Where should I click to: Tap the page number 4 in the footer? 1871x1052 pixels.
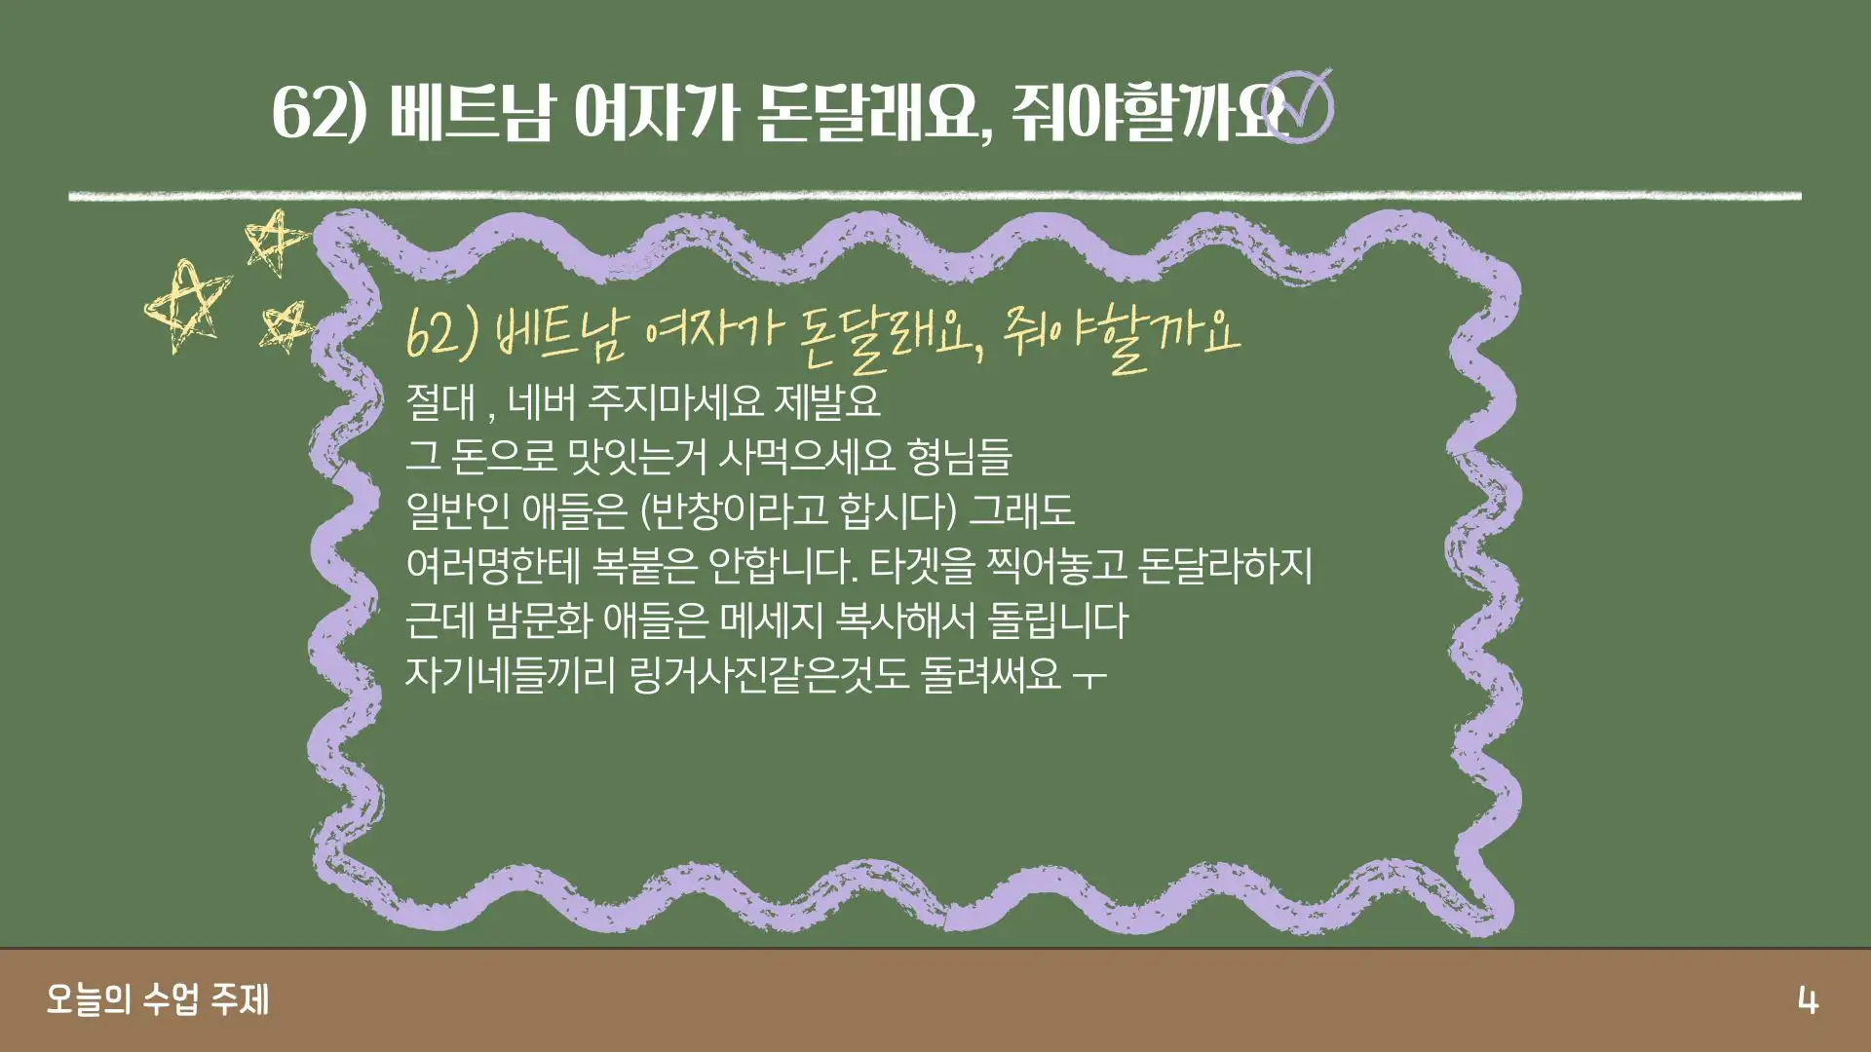click(1808, 1000)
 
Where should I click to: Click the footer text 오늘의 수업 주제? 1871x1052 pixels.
click(158, 999)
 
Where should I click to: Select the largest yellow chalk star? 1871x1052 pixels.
click(187, 304)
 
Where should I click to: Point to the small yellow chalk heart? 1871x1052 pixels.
click(285, 325)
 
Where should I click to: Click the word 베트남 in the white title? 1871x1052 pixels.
click(471, 111)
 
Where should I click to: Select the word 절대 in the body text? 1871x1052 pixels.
click(440, 401)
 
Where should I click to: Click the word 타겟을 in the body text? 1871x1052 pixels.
click(922, 566)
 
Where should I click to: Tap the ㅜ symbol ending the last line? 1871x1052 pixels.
click(1089, 676)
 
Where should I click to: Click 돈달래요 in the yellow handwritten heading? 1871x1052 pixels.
click(886, 338)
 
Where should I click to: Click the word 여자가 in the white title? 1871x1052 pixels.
click(654, 111)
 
